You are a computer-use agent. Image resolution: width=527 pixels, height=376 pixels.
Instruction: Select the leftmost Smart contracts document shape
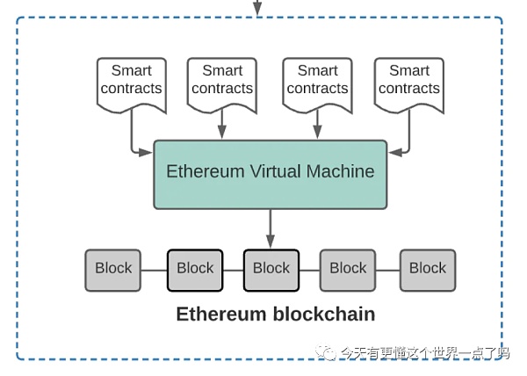pos(131,83)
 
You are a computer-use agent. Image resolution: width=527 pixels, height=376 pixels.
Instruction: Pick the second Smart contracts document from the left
pos(222,83)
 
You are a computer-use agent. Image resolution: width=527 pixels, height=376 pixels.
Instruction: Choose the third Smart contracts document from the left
pos(317,83)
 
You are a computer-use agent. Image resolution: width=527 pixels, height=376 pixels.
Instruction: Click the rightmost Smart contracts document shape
pos(408,83)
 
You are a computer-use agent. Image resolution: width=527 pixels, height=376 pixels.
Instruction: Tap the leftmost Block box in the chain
pos(113,270)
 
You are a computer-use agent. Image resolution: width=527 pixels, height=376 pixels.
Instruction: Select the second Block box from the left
pos(195,270)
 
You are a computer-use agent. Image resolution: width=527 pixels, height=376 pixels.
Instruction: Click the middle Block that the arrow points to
pos(271,270)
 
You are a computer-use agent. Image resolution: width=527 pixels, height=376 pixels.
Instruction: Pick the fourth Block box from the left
pos(348,270)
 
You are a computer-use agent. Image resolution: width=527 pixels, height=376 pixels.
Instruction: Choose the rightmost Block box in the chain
pos(428,270)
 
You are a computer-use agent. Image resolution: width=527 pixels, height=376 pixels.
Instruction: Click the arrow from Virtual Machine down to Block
pos(271,228)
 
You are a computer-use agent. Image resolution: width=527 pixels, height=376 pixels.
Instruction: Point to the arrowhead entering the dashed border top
pos(257,10)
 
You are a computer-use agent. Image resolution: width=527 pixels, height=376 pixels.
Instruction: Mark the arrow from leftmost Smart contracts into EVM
pos(134,141)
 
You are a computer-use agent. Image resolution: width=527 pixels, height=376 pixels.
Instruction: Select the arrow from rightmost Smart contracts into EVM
pos(405,141)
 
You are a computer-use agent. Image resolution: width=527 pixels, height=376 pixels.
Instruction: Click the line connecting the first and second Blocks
pos(155,270)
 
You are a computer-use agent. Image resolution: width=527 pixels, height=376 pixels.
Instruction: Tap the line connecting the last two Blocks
pos(388,270)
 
